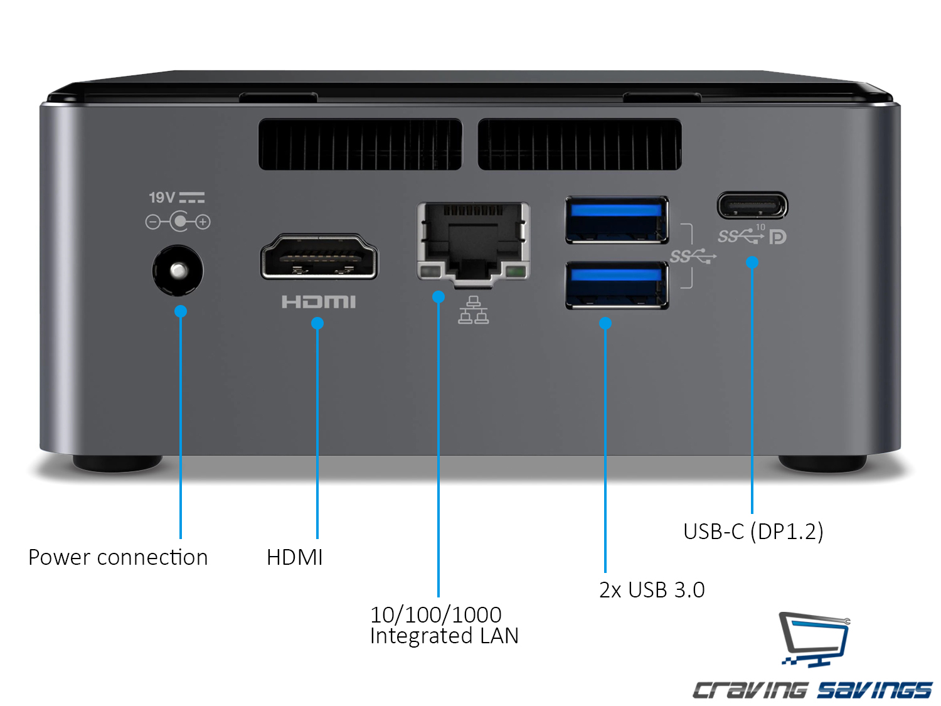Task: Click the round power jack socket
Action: (178, 270)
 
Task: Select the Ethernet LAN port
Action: (474, 242)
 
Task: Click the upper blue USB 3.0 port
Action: (617, 220)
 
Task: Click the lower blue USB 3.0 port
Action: (617, 286)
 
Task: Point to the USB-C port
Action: (752, 205)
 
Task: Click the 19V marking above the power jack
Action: (162, 198)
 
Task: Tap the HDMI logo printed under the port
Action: (319, 302)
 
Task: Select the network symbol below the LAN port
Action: (474, 310)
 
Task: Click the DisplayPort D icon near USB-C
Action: (778, 237)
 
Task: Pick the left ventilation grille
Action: (360, 144)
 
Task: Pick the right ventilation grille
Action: (580, 144)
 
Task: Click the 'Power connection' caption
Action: (118, 557)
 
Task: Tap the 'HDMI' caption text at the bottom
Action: (295, 557)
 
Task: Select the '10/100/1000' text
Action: (436, 614)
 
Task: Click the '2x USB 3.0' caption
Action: (652, 590)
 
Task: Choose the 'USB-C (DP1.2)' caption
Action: (753, 532)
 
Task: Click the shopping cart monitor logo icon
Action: (814, 639)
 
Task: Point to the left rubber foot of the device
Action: (117, 463)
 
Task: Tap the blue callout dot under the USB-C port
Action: (752, 262)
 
